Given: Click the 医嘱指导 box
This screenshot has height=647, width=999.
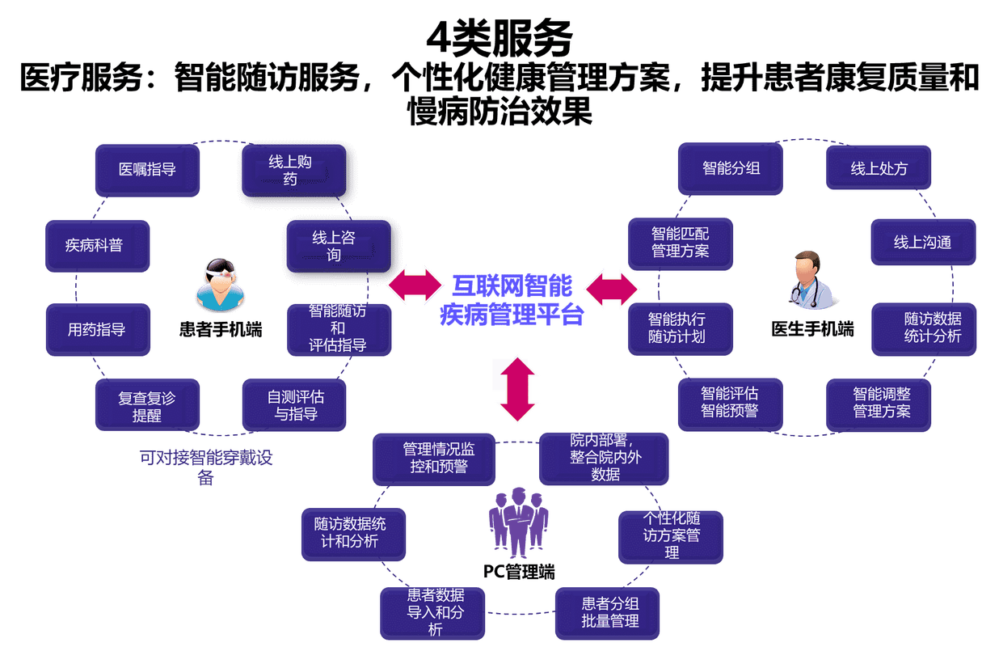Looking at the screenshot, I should (147, 170).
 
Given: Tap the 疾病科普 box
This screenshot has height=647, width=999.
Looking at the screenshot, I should (96, 245).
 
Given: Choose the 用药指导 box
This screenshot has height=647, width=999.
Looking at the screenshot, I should (97, 329).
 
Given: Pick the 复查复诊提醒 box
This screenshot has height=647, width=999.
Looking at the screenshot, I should (147, 406).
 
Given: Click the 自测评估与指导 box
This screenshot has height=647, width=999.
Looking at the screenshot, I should (294, 405).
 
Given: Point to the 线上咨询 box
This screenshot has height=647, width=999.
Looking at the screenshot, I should (337, 246).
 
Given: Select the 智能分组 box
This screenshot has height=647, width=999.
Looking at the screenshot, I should (731, 169).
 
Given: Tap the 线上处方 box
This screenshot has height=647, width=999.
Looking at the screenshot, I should (879, 169).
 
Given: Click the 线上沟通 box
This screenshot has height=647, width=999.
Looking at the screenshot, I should (923, 242).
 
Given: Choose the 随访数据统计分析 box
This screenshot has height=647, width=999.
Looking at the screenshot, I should (924, 328).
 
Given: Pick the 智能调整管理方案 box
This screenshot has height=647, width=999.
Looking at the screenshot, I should (879, 404).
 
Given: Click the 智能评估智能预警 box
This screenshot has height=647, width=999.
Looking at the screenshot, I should (730, 402).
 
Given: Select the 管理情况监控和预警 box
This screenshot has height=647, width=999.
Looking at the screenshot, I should (434, 458).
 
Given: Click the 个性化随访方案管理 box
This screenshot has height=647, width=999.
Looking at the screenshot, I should (670, 536).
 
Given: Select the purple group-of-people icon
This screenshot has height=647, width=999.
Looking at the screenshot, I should (518, 522).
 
